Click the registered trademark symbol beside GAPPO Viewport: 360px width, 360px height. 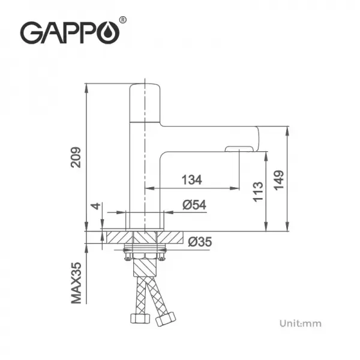tap(124, 20)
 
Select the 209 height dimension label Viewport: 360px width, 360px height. tap(76, 157)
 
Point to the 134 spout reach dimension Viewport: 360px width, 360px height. tap(191, 179)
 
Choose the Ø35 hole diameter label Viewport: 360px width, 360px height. tap(200, 242)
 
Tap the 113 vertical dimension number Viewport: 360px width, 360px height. tap(259, 192)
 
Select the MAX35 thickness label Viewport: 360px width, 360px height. tap(76, 281)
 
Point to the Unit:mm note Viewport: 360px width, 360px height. tap(300, 323)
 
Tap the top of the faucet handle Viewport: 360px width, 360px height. tap(145, 85)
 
